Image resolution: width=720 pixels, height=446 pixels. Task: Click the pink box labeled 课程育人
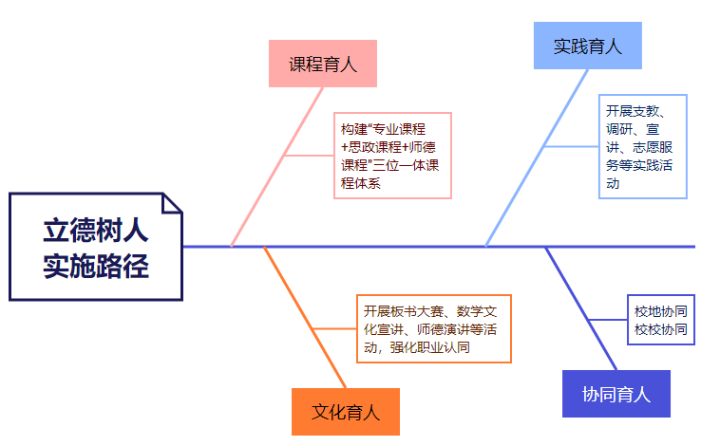[x=322, y=65]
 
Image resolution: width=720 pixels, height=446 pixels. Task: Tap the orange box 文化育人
[x=346, y=412]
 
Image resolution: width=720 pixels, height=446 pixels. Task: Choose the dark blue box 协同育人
[x=616, y=394]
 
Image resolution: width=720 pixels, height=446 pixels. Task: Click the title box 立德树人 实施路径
[x=95, y=247]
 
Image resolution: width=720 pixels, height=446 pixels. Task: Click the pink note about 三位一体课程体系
[x=391, y=156]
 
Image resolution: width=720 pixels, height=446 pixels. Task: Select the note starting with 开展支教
[x=642, y=146]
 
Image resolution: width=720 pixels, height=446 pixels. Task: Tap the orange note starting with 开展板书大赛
[x=436, y=328]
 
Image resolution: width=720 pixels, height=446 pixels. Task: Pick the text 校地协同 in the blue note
[x=661, y=310]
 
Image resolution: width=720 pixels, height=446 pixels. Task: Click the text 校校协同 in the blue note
[x=661, y=330]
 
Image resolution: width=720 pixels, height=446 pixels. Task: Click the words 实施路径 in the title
[x=95, y=266]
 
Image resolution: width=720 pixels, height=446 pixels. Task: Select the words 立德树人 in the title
[x=95, y=232]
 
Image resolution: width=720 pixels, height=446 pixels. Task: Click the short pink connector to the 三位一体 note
[x=308, y=155]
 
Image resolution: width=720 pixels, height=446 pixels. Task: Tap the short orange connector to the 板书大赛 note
[x=332, y=328]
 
